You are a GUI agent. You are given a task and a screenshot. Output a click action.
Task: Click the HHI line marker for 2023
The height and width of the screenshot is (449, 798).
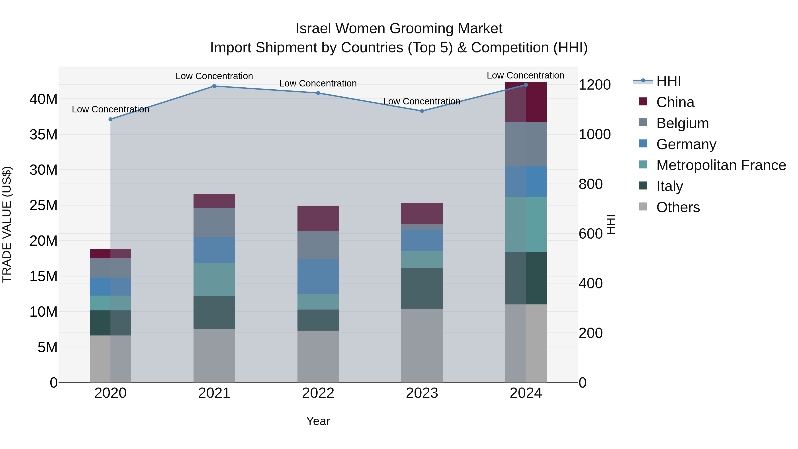tap(422, 111)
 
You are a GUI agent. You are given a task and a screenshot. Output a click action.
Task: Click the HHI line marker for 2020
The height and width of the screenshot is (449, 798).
tap(111, 119)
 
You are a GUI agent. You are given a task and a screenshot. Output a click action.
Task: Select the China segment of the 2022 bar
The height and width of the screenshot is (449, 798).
tap(318, 218)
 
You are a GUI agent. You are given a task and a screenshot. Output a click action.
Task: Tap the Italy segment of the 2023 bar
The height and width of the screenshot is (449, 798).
tap(422, 288)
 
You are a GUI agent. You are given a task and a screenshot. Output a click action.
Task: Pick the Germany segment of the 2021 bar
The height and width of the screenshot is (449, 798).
tap(214, 250)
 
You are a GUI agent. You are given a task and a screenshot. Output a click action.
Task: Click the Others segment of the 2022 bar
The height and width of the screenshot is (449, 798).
tap(318, 356)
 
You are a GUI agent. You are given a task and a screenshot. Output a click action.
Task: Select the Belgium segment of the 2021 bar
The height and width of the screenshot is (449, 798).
tap(214, 222)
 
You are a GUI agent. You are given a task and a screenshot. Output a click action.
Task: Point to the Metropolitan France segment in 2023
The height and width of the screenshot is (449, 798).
tap(422, 259)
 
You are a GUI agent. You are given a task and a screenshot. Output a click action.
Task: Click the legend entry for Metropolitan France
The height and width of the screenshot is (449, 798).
tap(721, 165)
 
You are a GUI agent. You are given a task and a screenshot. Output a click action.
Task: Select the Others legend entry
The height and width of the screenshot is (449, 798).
tap(678, 207)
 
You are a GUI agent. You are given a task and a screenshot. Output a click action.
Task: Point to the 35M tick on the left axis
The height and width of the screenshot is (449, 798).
tap(43, 135)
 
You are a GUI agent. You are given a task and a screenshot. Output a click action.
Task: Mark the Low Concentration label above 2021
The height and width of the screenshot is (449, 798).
tap(214, 76)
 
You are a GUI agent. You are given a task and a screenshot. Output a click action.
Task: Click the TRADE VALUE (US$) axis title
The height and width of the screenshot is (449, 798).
tap(7, 224)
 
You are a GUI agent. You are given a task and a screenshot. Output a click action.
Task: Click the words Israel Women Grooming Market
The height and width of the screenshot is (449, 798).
tap(399, 29)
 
